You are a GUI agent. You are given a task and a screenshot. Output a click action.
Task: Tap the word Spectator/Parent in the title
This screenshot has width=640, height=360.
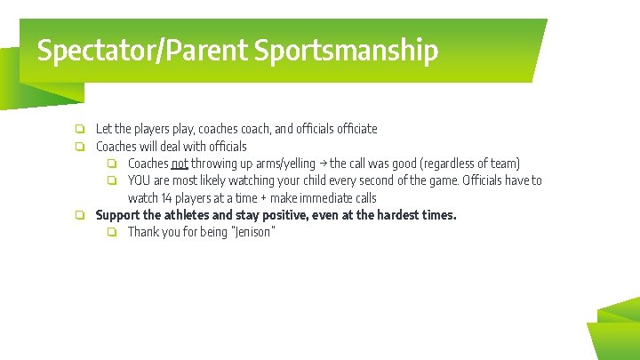pyautogui.click(x=143, y=51)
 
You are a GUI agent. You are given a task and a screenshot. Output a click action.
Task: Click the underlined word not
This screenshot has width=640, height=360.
pyautogui.click(x=180, y=164)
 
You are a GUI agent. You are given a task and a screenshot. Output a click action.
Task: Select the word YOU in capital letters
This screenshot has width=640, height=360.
pyautogui.click(x=140, y=180)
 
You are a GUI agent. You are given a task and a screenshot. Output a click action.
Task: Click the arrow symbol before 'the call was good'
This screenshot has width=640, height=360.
pyautogui.click(x=323, y=164)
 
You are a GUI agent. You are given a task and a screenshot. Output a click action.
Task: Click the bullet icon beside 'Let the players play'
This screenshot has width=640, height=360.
pyautogui.click(x=79, y=129)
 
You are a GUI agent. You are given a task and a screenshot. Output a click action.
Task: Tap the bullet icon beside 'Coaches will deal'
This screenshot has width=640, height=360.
pyautogui.click(x=79, y=147)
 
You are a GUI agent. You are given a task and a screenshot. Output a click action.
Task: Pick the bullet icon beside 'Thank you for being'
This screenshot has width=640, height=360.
pyautogui.click(x=112, y=233)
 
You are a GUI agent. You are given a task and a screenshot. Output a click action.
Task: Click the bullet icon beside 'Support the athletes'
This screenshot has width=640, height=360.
pyautogui.click(x=79, y=215)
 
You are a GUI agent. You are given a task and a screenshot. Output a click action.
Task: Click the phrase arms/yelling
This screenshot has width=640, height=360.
pyautogui.click(x=285, y=164)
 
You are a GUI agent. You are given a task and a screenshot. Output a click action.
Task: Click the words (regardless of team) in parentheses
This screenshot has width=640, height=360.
pyautogui.click(x=470, y=164)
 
